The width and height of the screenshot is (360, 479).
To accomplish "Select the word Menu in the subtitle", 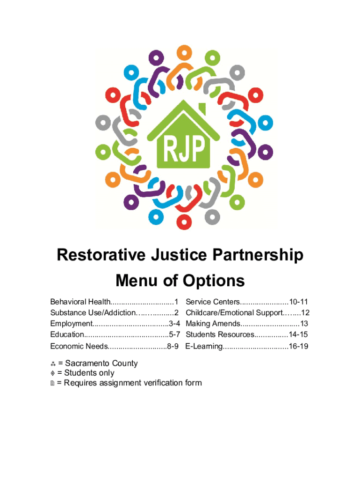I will point(135,281).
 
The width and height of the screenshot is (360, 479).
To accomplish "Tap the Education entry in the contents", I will point(67,334).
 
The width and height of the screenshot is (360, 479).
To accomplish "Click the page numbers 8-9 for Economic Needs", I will point(173,347).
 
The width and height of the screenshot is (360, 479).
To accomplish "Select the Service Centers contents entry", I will point(213,302).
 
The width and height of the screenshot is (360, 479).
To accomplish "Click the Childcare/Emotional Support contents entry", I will point(234,312).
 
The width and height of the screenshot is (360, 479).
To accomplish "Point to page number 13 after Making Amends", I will point(304,324).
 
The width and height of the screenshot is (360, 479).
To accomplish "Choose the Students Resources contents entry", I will point(220,334).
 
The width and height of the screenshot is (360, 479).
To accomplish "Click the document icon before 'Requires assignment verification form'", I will point(53,383).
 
